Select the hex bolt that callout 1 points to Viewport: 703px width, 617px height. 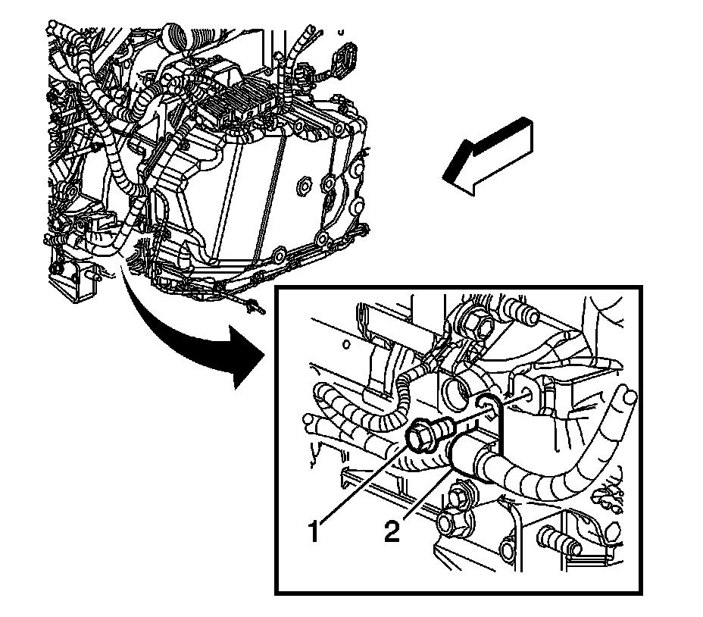(x=421, y=435)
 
